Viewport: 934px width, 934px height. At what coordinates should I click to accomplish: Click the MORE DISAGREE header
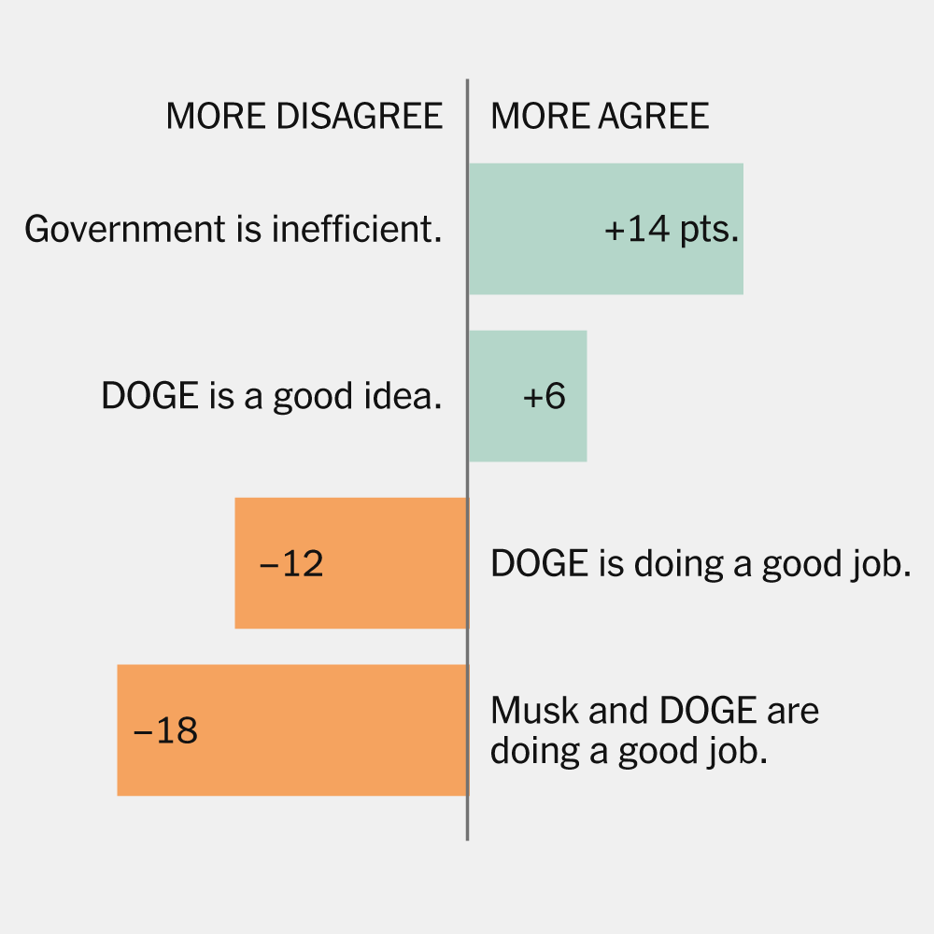(x=304, y=116)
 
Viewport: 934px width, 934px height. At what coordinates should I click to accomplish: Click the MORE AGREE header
(x=600, y=116)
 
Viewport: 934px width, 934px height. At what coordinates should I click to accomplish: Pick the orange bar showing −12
(x=392, y=563)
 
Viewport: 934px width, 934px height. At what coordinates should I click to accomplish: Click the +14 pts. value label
(x=672, y=230)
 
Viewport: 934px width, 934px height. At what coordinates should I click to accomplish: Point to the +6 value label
(x=545, y=396)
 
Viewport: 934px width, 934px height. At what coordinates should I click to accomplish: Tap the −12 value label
(x=290, y=564)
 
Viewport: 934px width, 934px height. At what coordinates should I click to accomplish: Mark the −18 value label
(x=166, y=730)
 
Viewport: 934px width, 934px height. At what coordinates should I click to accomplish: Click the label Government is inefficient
(x=233, y=230)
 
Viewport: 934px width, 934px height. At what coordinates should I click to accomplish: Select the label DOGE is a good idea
(x=271, y=397)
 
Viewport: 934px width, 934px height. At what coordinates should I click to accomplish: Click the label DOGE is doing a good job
(x=700, y=564)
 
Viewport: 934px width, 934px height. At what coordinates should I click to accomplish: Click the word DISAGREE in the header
(x=360, y=116)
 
